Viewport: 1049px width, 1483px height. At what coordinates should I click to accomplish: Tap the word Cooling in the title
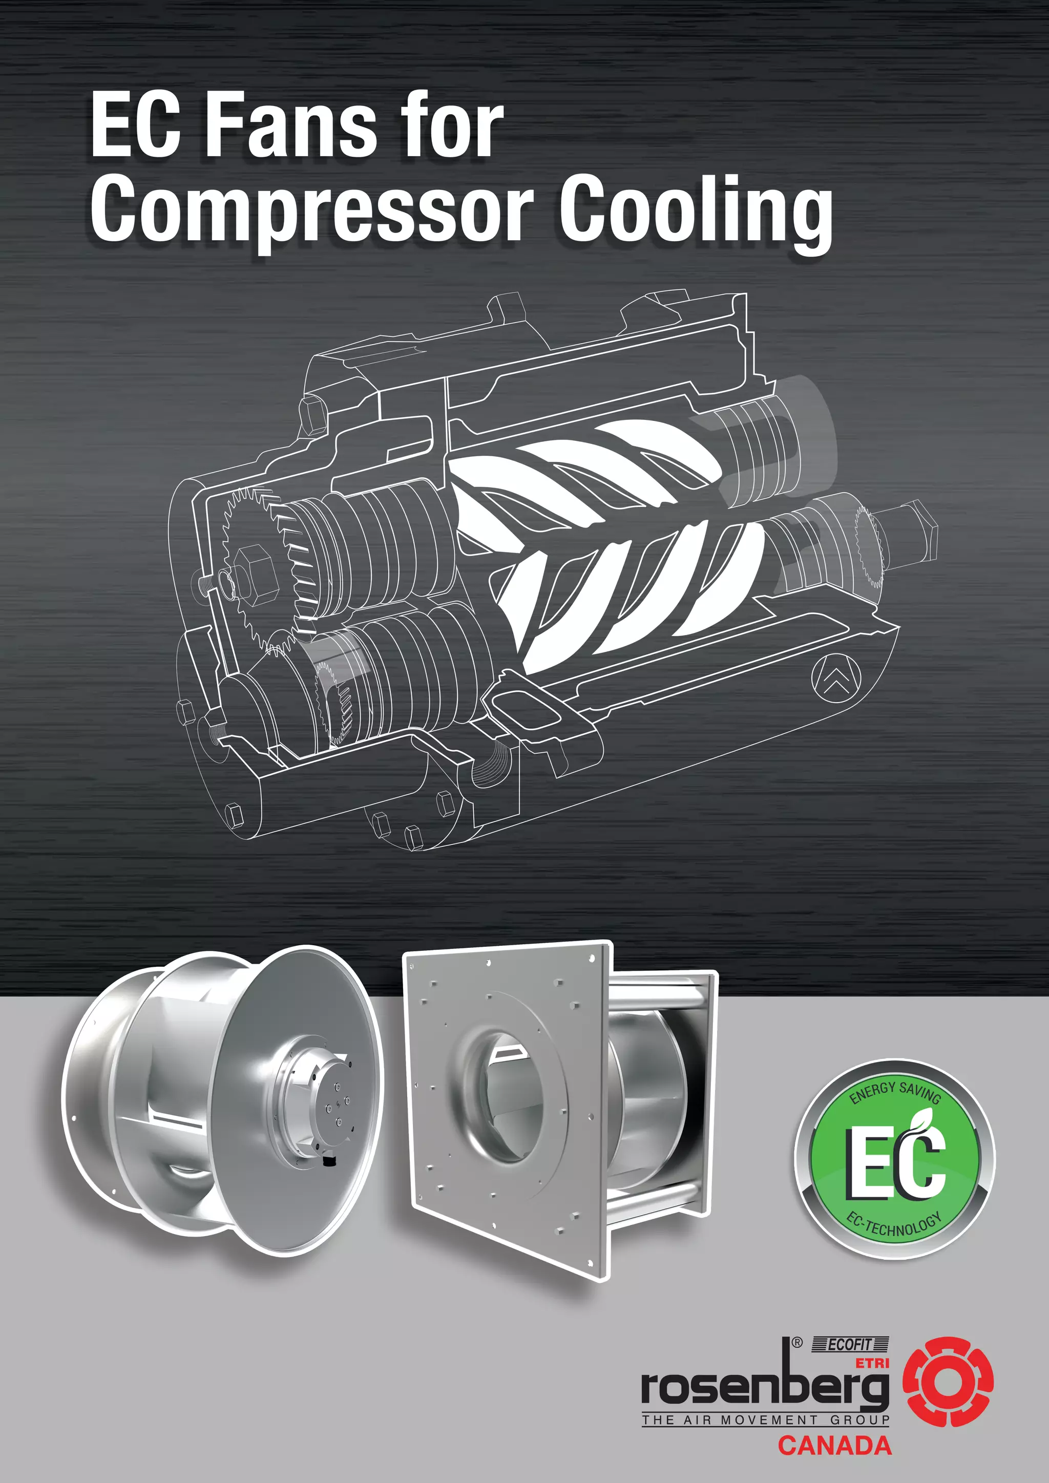coord(695,210)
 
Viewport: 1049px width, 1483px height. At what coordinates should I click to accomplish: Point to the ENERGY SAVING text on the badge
coord(895,1092)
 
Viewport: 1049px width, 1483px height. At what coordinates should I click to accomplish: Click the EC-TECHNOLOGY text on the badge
coord(895,1225)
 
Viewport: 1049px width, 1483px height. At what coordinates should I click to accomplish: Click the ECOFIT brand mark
coord(850,1345)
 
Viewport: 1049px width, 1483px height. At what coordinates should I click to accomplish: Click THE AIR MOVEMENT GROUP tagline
coord(765,1420)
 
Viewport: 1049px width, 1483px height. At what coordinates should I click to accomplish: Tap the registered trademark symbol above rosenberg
coord(797,1343)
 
